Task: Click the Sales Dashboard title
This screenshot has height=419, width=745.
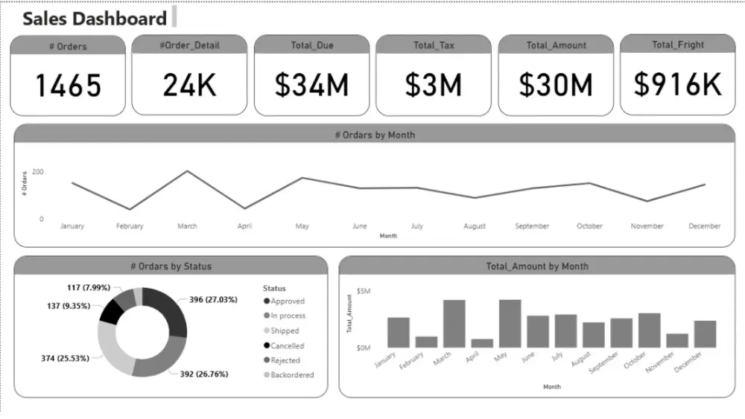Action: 95,19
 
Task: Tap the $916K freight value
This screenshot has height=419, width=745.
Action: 678,85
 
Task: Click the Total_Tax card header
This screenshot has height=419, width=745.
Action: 434,45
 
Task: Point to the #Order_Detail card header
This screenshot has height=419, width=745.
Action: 189,45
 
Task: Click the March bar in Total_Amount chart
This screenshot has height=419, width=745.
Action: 454,324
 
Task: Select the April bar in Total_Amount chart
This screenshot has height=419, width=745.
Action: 482,343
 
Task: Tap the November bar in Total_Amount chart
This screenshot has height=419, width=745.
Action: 677,340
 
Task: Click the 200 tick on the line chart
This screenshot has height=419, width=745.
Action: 37,172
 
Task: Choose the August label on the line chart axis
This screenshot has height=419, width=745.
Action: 474,226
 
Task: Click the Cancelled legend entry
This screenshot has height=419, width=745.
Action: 287,346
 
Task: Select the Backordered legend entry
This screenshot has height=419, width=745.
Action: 291,375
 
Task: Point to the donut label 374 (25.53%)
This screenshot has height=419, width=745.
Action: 65,358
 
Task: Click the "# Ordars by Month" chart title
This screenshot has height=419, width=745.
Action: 375,135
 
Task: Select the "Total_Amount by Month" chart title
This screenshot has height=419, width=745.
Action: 536,266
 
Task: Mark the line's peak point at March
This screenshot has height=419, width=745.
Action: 187,171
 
